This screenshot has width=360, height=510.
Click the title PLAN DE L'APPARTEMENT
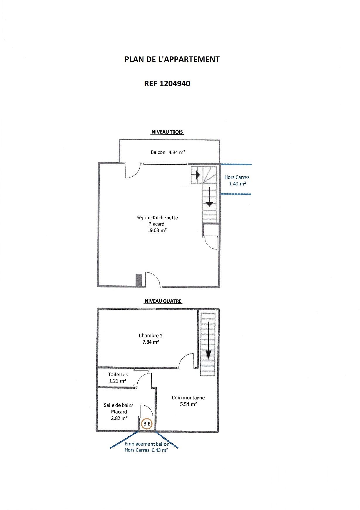172,59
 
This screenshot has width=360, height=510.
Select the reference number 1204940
175,84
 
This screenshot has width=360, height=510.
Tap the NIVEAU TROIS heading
167,132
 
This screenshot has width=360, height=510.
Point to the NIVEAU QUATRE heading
163,301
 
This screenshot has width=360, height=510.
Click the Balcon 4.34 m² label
168,152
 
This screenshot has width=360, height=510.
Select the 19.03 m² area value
157,230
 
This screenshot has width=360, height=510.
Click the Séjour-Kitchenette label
157,218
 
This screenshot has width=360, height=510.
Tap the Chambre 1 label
150,336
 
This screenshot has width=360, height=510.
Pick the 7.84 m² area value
151,342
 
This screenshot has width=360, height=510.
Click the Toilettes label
118,374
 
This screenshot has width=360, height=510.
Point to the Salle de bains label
119,405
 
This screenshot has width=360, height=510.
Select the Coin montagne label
188,398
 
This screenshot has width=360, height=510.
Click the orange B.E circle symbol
147,423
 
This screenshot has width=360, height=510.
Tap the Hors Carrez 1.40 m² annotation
237,180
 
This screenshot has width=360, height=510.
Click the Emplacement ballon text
147,444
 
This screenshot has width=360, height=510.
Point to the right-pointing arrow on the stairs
196,175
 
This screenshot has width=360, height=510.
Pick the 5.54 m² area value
188,404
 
